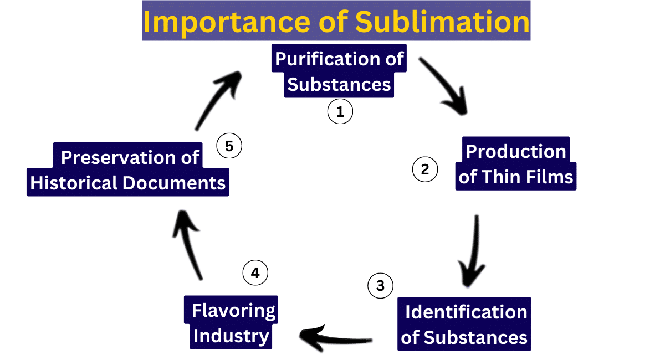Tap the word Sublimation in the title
click(442, 22)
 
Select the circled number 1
click(340, 112)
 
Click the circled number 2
click(425, 169)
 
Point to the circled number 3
click(380, 286)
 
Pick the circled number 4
click(255, 273)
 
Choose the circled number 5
click(229, 146)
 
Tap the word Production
click(515, 151)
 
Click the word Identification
click(465, 312)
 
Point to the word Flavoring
click(233, 311)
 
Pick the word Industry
click(231, 336)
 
